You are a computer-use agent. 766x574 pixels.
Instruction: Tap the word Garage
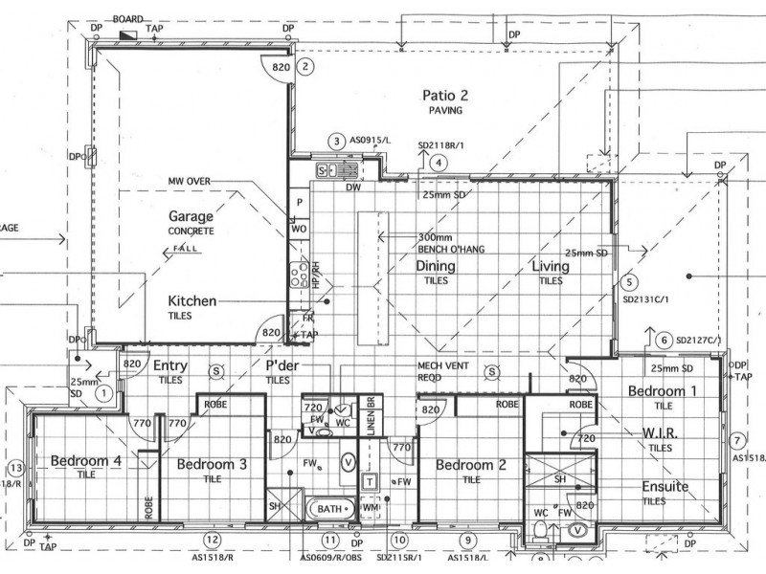click(x=191, y=216)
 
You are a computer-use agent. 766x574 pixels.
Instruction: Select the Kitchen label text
click(x=191, y=300)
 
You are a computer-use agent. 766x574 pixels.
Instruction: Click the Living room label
click(x=551, y=267)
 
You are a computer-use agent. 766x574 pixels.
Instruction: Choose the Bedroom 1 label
click(x=663, y=390)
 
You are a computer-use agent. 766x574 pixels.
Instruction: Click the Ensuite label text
click(x=665, y=487)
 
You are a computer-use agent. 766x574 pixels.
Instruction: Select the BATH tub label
click(x=329, y=509)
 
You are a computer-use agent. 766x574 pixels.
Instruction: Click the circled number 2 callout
click(x=305, y=67)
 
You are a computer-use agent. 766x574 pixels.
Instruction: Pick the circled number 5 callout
click(x=628, y=282)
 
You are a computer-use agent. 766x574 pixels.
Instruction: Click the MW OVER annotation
click(x=189, y=180)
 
